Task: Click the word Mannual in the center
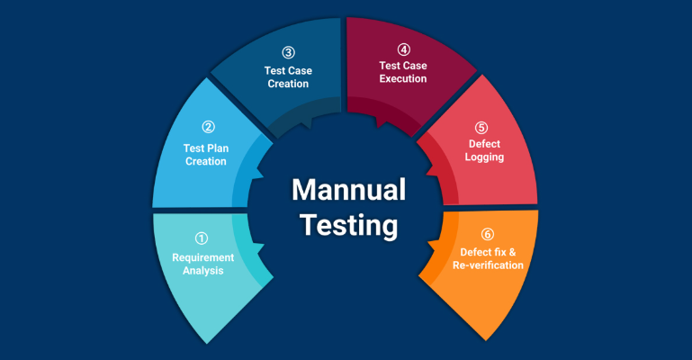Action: click(347, 190)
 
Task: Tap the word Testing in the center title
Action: click(347, 224)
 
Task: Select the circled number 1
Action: click(202, 238)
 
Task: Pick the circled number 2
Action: click(208, 127)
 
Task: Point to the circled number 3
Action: click(287, 52)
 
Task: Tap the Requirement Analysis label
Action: click(202, 264)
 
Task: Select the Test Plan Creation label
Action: click(206, 155)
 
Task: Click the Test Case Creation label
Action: click(286, 76)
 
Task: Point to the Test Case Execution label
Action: click(402, 72)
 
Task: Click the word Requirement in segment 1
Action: click(202, 257)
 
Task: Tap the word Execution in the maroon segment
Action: click(402, 79)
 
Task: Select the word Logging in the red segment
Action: click(485, 157)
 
